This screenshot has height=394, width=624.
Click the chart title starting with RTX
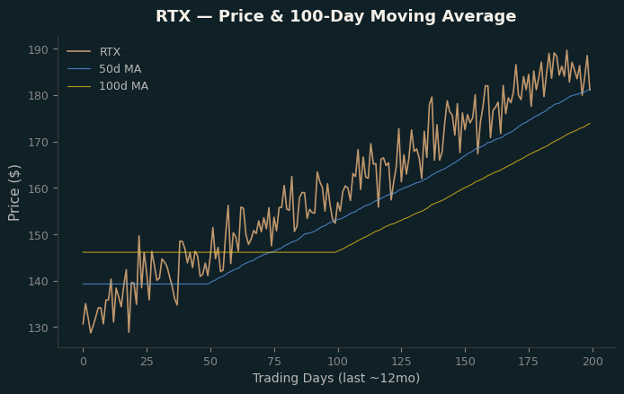335,16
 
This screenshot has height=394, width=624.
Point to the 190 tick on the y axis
38,49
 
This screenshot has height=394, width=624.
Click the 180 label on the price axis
38,96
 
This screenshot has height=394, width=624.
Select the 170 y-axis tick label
38,142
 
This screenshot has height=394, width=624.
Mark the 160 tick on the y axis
38,188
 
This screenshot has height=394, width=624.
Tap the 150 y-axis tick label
38,235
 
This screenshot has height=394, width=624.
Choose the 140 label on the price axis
38,281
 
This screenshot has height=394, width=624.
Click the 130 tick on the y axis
38,328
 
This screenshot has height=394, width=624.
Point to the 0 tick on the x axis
84,362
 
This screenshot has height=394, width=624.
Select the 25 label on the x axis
147,362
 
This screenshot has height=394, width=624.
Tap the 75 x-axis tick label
274,362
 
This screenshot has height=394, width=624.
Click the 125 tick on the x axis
402,362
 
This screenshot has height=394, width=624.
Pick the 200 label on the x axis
593,362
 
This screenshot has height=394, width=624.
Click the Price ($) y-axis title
13,193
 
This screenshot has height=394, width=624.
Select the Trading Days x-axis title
336,378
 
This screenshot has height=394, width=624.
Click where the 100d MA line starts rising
335,252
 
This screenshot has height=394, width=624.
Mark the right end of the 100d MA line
590,123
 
